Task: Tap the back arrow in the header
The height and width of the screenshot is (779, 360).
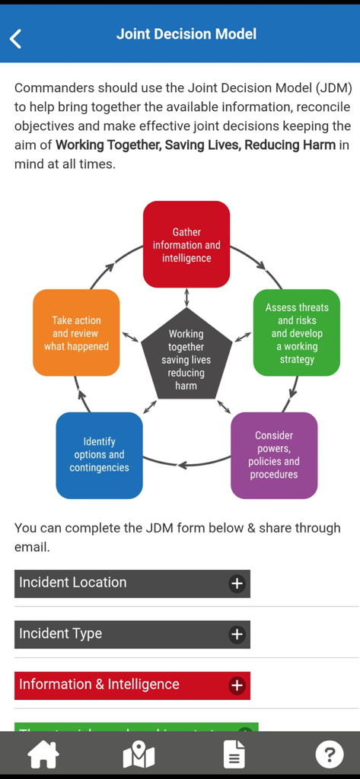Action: tap(16, 38)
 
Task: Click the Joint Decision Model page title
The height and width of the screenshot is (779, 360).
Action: tap(186, 34)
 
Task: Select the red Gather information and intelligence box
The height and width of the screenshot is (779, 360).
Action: tap(186, 244)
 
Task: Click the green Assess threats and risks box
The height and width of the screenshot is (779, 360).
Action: tap(296, 332)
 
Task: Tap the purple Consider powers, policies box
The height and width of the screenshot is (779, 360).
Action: tap(274, 455)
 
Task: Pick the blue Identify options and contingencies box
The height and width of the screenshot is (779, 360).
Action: tap(99, 455)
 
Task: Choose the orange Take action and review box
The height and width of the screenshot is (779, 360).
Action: tap(76, 332)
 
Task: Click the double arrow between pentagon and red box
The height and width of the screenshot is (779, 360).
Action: tap(186, 297)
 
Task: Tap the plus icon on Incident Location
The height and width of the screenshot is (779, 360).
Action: tap(237, 583)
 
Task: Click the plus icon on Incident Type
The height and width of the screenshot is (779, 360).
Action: tap(237, 634)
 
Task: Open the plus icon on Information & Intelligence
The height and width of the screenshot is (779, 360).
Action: tap(237, 685)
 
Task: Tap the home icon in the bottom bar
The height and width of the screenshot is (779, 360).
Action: tap(43, 755)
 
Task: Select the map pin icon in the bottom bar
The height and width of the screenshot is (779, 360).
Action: tap(139, 755)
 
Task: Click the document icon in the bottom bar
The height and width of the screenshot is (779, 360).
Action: tap(234, 755)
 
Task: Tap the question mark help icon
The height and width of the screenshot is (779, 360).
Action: tap(329, 755)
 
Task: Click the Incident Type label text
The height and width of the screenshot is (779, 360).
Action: tap(61, 634)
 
